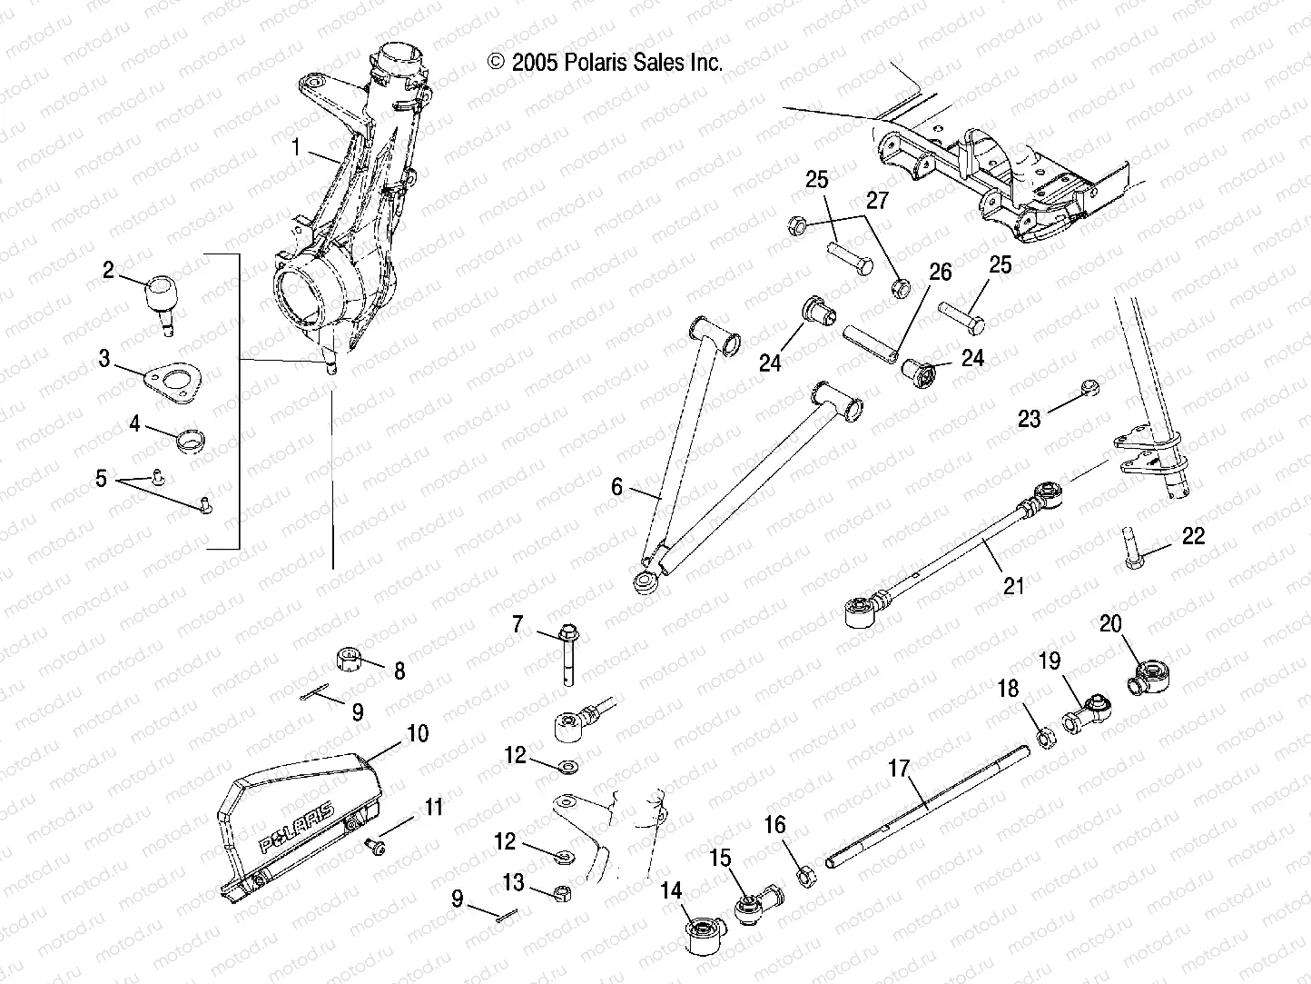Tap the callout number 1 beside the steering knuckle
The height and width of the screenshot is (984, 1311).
coord(296,145)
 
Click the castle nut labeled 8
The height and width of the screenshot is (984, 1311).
coord(349,658)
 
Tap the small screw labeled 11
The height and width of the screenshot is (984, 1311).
coord(375,845)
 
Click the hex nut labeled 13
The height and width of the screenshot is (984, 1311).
coord(561,892)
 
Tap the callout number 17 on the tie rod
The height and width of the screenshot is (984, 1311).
coord(898,770)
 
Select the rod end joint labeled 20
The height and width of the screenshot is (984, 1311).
coord(1149,677)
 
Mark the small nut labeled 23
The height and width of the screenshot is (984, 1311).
coord(1091,389)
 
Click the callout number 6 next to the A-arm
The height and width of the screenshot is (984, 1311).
coord(617,487)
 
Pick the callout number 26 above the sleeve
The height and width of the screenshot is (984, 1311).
coord(940,271)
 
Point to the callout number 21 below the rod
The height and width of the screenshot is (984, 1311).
coord(1012,586)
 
